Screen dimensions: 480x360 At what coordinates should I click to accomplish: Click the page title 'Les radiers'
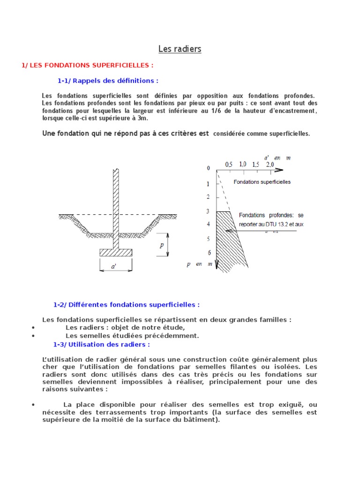tap(180, 49)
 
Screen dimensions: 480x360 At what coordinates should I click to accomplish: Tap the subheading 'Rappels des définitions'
tap(108, 81)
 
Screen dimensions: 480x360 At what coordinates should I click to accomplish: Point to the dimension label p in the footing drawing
tap(161, 245)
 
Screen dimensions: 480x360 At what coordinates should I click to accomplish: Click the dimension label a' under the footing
tap(114, 267)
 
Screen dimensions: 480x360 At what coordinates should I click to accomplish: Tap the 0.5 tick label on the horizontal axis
tap(229, 165)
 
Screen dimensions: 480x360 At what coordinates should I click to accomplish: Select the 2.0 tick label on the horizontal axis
tap(270, 165)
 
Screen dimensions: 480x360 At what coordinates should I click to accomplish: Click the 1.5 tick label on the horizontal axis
tap(256, 165)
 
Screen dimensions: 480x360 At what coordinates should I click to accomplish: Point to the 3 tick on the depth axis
tap(208, 211)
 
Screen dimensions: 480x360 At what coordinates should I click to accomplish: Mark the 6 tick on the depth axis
tap(209, 253)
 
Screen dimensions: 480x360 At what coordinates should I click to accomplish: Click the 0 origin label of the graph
tap(209, 168)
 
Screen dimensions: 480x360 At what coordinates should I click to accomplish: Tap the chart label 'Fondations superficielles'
tap(262, 182)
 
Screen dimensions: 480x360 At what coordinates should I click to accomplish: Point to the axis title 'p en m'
tap(199, 264)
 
